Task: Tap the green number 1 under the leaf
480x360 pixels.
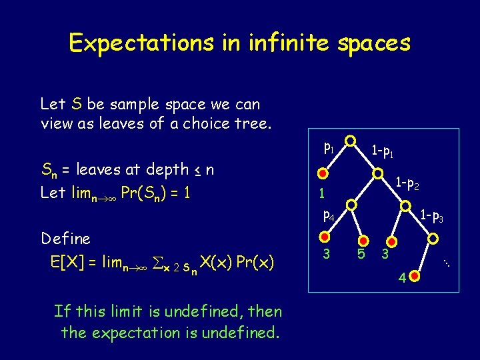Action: pyautogui.click(x=321, y=194)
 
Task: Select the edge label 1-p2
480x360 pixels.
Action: pyautogui.click(x=407, y=181)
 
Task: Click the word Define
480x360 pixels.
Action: pyautogui.click(x=65, y=238)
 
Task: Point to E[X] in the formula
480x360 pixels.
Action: pyautogui.click(x=69, y=261)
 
